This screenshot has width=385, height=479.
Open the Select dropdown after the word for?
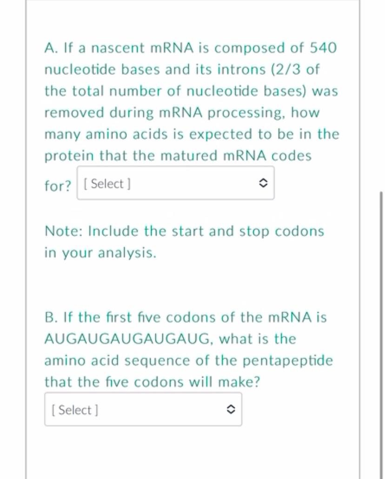pyautogui.click(x=175, y=184)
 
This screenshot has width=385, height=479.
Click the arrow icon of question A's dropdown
pyautogui.click(x=262, y=184)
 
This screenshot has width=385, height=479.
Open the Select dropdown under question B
pyautogui.click(x=143, y=409)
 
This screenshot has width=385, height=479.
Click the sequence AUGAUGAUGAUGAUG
pyautogui.click(x=128, y=339)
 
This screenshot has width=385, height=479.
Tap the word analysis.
pyautogui.click(x=126, y=253)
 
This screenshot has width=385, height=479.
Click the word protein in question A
pyautogui.click(x=69, y=156)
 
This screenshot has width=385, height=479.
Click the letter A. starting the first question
pyautogui.click(x=51, y=48)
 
